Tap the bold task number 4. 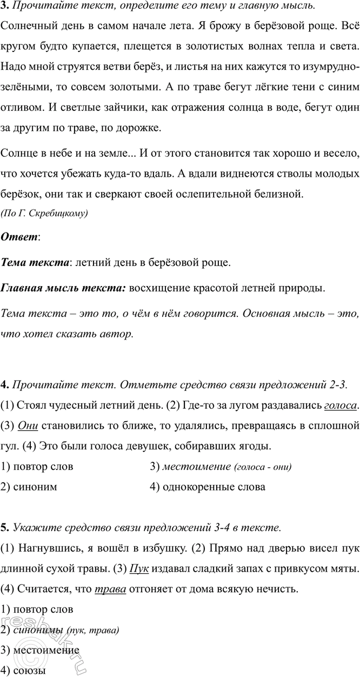tap(4, 385)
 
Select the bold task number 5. tap(4, 527)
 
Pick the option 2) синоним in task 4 tap(29, 487)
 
